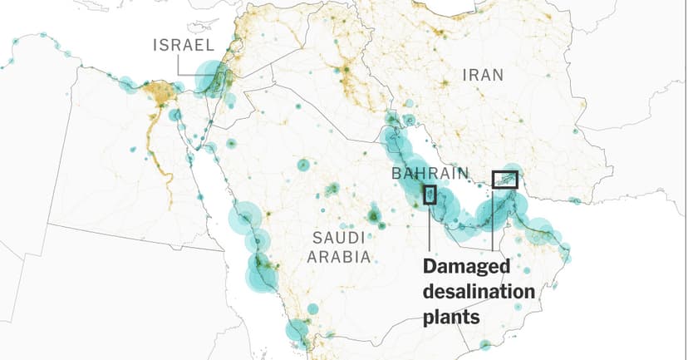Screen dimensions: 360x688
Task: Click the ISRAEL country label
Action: point(184,45)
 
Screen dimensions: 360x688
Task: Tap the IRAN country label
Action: point(483,75)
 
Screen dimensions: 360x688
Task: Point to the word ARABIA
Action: point(339,257)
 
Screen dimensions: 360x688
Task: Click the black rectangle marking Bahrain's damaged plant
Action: point(430,195)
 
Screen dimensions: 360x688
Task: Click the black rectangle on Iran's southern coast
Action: point(504,180)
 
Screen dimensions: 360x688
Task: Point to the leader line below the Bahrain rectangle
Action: point(430,229)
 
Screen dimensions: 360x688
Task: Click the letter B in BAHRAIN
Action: point(396,175)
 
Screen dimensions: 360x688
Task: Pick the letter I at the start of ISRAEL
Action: point(155,45)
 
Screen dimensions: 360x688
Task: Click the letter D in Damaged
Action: point(430,268)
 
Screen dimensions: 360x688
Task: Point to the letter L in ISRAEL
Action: point(212,45)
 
